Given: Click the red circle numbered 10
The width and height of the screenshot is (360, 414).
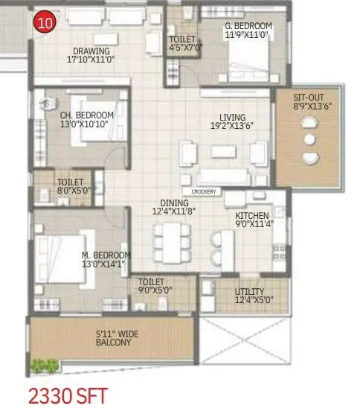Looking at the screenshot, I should coord(44,22).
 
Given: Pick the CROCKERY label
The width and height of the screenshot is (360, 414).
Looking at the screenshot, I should coord(203,191).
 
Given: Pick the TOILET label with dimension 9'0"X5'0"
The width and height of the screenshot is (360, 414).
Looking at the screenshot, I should coord(151,287).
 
